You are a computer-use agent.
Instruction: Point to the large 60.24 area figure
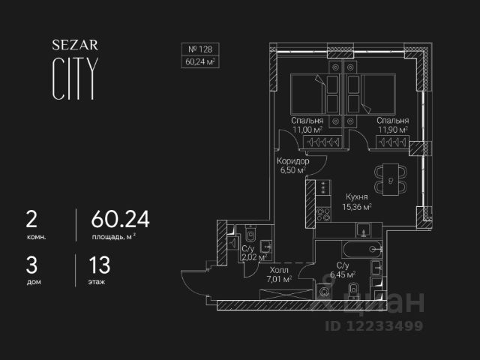click(120, 219)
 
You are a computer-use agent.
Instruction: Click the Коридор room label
click(292, 160)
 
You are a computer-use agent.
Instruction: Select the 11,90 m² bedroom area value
click(392, 130)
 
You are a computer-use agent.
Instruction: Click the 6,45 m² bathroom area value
click(345, 274)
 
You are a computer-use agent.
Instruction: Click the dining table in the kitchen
click(390, 178)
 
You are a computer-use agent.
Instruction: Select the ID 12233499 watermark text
click(373, 325)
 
